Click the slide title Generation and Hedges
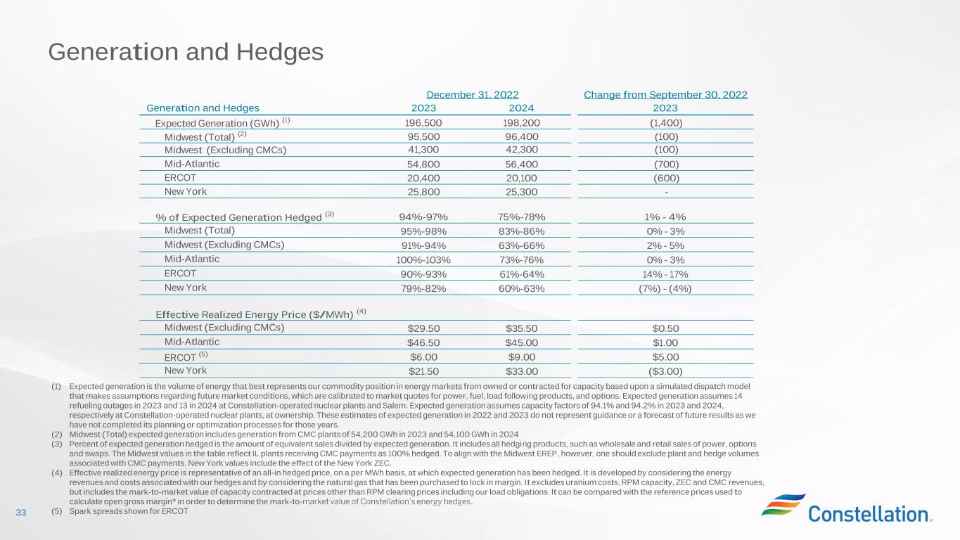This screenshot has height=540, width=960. (x=186, y=52)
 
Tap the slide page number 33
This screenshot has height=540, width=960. (x=20, y=513)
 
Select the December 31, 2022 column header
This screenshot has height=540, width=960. (x=473, y=94)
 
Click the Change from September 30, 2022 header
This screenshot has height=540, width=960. (x=665, y=94)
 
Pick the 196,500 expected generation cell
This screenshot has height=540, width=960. (x=423, y=122)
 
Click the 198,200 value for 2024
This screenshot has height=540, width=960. (x=521, y=122)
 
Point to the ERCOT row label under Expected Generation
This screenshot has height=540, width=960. (x=180, y=178)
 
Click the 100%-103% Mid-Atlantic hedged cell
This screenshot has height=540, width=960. (x=423, y=259)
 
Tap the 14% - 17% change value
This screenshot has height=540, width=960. (x=665, y=274)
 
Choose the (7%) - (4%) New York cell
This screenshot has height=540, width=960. (x=665, y=288)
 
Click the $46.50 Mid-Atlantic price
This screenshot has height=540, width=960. (x=423, y=342)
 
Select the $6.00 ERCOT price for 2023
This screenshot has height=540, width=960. (x=423, y=356)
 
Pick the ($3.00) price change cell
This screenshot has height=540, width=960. (x=665, y=371)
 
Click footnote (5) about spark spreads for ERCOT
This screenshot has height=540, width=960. (x=120, y=511)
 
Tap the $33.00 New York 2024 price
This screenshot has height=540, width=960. (x=521, y=371)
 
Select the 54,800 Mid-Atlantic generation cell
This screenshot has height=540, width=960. (x=423, y=164)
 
